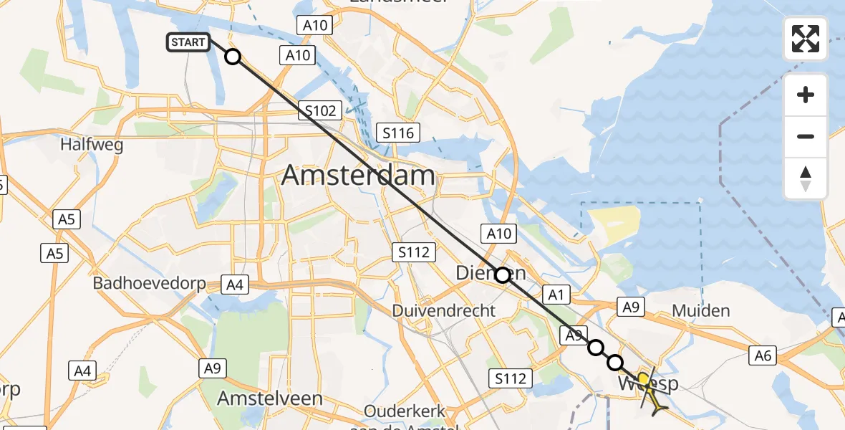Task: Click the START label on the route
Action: pos(188,42)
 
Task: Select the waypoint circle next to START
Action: pos(233,56)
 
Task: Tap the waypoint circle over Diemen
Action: pos(502,274)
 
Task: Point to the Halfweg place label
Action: pos(92,145)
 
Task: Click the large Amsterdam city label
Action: pos(358,176)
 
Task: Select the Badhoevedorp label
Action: pos(143,283)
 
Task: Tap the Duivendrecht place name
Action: pos(444,311)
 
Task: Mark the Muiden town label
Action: pos(701,310)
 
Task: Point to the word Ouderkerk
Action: pos(405,411)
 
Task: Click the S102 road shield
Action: pos(319,111)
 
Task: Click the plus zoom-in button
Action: pos(806,95)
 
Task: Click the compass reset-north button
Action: pos(806,178)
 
